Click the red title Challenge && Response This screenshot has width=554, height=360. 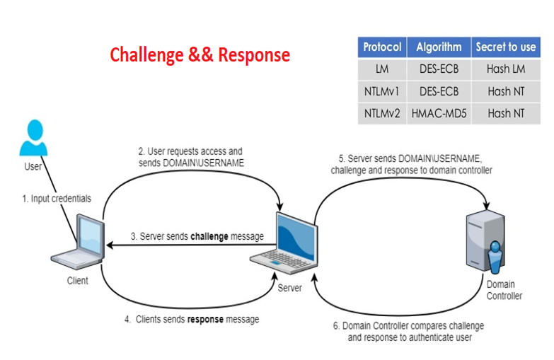coord(200,54)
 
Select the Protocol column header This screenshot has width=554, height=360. coord(382,47)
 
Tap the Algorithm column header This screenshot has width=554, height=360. coord(439,47)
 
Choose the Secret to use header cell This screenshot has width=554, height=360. coord(505,47)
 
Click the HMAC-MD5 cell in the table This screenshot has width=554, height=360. coord(439,113)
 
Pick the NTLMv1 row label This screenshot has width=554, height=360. coord(382,91)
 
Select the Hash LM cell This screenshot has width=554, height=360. coord(505,69)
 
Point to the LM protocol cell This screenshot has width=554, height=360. coord(382,69)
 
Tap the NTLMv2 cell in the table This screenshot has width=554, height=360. coord(382,113)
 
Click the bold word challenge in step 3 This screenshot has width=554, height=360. coord(209,236)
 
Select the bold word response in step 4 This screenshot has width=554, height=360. coord(205,319)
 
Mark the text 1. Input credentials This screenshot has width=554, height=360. coord(57,199)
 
